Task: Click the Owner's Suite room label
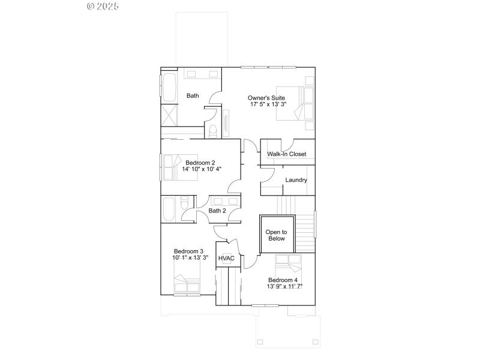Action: [266, 97]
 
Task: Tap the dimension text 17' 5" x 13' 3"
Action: [268, 104]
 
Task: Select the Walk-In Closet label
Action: [287, 154]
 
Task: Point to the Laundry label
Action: [296, 180]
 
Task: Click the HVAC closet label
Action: [226, 259]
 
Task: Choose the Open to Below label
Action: [276, 235]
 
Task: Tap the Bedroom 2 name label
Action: [200, 163]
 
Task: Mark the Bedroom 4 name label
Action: [283, 280]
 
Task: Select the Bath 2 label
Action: [217, 211]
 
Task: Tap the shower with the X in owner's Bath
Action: [169, 115]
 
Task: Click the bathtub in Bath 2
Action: [169, 209]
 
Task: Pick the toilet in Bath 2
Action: [185, 202]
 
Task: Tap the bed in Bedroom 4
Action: [289, 264]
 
